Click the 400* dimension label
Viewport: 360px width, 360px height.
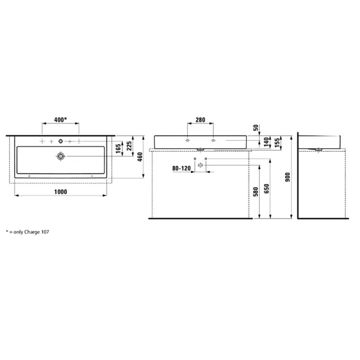click(x=60, y=120)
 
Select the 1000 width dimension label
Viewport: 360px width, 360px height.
click(x=61, y=192)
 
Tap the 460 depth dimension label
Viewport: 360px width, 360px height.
click(x=140, y=157)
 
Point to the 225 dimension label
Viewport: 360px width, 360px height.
click(x=129, y=146)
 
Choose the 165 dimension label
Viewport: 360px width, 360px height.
click(x=118, y=149)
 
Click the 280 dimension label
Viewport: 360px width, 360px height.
click(x=200, y=120)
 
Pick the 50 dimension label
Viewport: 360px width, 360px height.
click(x=256, y=128)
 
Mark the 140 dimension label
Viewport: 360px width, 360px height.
click(x=266, y=142)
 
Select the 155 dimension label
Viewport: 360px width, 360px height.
click(x=277, y=142)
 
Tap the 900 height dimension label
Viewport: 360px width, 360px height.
click(x=287, y=177)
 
